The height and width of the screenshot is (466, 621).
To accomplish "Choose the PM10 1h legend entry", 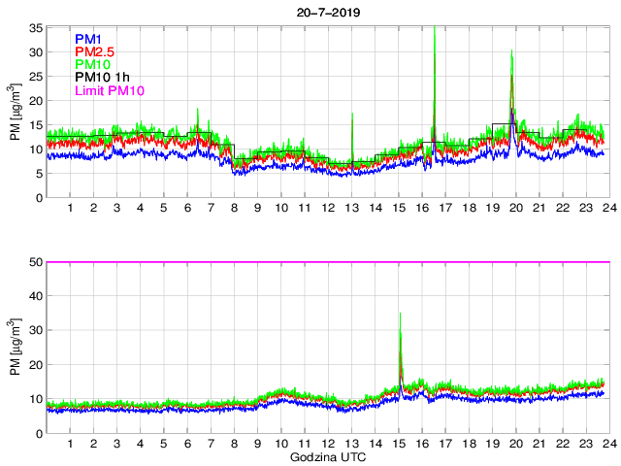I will pos(104,78).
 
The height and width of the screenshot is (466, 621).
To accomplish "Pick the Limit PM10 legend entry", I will pos(110,91).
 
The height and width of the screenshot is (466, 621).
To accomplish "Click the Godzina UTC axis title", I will pos(326,456).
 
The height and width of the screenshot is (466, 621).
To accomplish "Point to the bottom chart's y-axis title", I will pos(16,348).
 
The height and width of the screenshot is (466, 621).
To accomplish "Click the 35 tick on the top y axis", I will pos(35,28).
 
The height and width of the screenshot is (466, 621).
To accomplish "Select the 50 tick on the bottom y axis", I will pos(35,262).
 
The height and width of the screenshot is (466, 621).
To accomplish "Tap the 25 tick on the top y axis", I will pos(35,77).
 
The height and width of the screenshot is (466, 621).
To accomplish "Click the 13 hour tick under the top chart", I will pos(351,209).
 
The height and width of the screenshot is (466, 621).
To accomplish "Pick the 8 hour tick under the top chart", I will pos(234,209).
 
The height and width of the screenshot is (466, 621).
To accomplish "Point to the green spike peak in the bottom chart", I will pos(400,314).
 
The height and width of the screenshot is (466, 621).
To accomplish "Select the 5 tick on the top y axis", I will pos(38,174).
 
